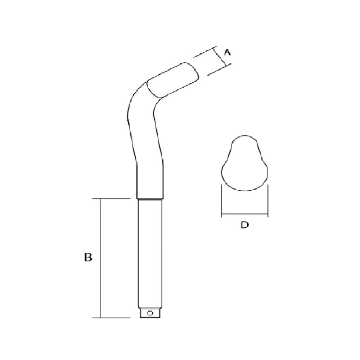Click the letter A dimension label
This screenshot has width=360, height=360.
click(227, 53)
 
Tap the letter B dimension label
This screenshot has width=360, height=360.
click(88, 258)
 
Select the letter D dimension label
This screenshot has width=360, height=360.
click(244, 225)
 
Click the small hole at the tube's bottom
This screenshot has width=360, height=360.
click(150, 313)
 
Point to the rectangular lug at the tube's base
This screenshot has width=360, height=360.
click(150, 313)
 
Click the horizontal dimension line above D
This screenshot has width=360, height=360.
click(244, 215)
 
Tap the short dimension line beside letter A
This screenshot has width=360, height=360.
click(221, 56)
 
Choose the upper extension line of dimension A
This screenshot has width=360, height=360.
click(204, 52)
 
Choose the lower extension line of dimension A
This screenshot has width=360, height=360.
click(218, 70)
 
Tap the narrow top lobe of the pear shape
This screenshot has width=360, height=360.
click(244, 144)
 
